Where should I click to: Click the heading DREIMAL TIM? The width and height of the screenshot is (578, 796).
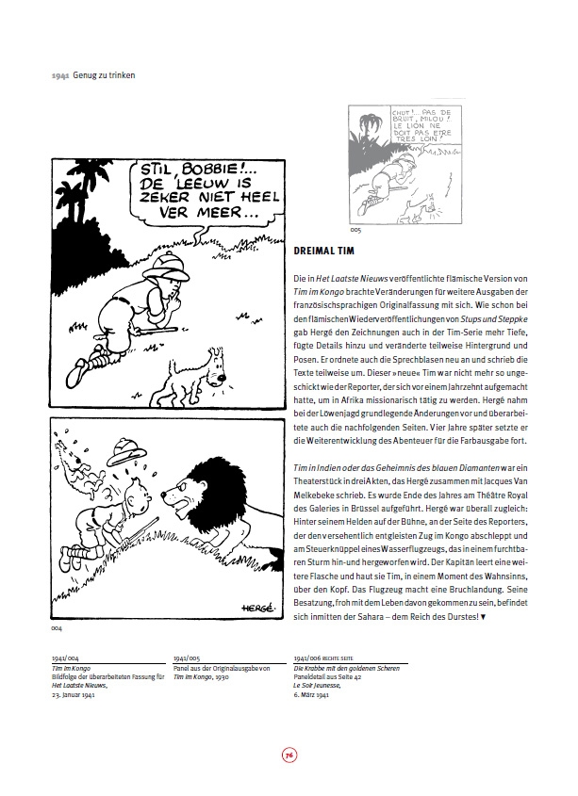coord(319,252)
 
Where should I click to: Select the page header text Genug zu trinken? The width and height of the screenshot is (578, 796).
coord(99,74)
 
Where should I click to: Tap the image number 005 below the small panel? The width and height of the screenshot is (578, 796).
coord(355,229)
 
